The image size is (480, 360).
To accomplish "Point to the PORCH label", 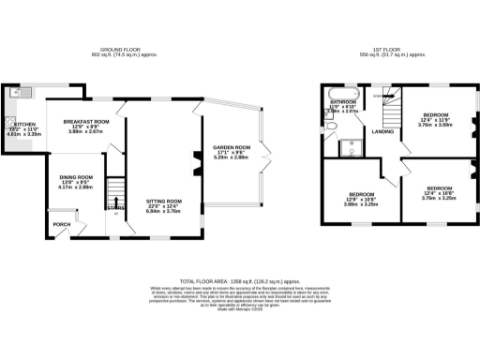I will pos(61,224).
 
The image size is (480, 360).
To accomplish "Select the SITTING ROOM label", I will pos(162,202).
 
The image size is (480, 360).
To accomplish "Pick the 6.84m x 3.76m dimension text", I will pos(162,213).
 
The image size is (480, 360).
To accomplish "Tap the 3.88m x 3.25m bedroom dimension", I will pos(359,203).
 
